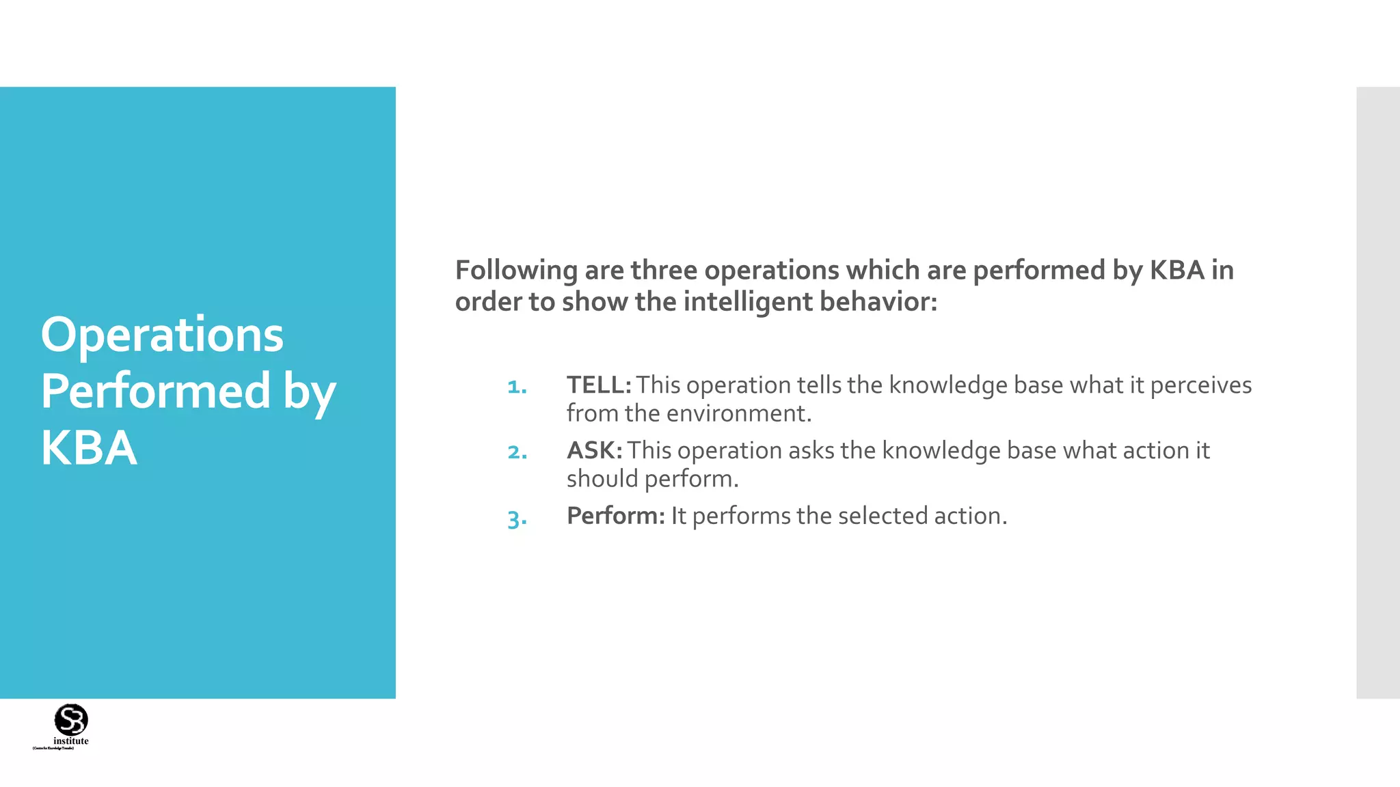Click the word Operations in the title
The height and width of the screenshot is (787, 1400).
(x=162, y=335)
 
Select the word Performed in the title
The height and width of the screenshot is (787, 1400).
(x=156, y=391)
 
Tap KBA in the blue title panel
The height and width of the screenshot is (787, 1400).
(x=89, y=448)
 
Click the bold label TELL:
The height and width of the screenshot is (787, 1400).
(x=599, y=385)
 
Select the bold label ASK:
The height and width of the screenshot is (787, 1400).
(x=594, y=451)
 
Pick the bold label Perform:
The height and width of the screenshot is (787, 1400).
(x=615, y=516)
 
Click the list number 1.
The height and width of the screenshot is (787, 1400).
(x=517, y=387)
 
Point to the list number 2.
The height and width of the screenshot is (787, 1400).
(x=517, y=452)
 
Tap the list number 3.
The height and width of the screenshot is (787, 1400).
(x=517, y=519)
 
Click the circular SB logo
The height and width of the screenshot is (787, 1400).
(x=71, y=719)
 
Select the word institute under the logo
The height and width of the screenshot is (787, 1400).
(x=71, y=741)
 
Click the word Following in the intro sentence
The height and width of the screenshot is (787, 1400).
(x=516, y=271)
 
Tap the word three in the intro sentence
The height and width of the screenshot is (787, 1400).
(x=664, y=271)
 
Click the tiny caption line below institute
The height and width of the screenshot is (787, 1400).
(x=53, y=749)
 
